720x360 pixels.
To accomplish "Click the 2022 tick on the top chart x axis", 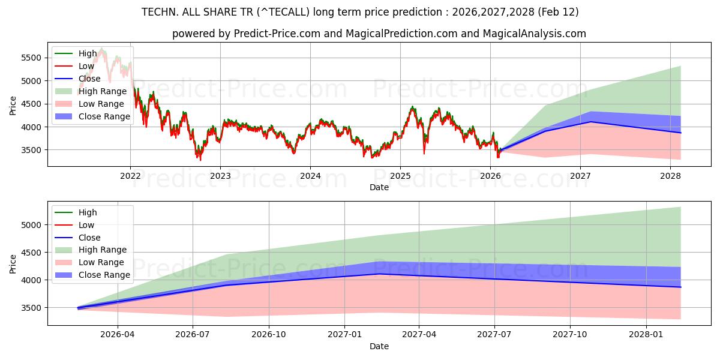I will tap(130, 176).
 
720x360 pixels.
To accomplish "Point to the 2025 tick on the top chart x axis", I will tap(400, 176).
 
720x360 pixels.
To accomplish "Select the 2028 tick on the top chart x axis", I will tap(670, 176).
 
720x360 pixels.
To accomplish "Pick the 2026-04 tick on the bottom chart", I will tap(118, 335).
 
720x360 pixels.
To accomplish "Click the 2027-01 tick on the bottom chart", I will tap(344, 335).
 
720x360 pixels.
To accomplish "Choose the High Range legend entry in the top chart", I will tap(103, 91).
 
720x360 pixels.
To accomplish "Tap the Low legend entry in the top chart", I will tap(86, 66).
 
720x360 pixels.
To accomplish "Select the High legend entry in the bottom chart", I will tap(88, 212).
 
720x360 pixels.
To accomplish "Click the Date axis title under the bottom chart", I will tap(379, 346).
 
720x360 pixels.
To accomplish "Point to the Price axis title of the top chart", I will tap(13, 105).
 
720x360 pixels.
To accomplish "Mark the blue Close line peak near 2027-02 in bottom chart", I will tap(379, 274).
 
